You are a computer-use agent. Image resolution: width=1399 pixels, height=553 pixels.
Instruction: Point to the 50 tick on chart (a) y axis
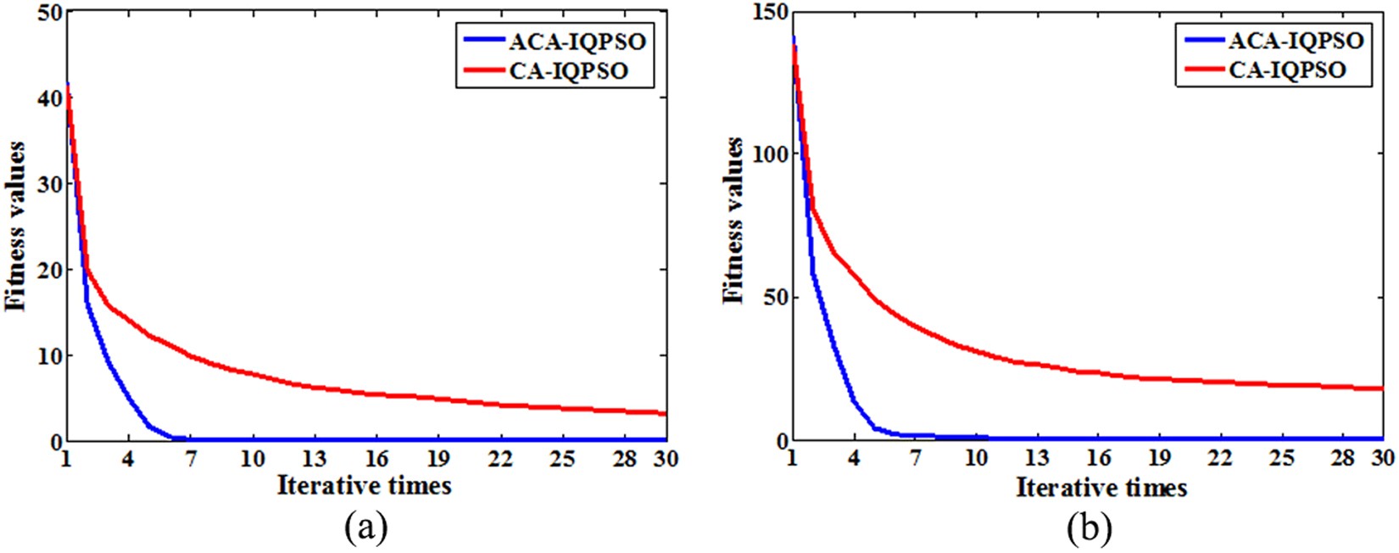50,13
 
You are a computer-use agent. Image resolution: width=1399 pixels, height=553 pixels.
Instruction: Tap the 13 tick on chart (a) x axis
314,459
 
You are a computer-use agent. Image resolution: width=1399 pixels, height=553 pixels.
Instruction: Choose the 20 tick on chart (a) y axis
50,271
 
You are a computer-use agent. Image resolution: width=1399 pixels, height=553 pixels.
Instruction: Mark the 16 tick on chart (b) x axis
1098,459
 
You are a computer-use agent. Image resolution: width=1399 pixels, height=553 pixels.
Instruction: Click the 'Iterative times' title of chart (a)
364,486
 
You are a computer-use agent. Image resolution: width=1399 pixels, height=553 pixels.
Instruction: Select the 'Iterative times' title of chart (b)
1101,488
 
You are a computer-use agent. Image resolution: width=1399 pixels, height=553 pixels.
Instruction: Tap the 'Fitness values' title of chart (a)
16,226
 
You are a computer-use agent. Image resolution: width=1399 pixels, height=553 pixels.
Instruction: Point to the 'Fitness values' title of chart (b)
733,221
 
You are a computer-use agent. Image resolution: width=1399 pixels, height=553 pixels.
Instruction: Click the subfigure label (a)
366,528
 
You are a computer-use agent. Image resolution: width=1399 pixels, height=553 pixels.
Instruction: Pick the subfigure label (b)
1089,528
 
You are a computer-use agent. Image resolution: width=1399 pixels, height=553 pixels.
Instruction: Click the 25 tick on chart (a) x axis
562,459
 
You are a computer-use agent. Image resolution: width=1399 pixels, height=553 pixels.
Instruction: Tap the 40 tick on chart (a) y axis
50,98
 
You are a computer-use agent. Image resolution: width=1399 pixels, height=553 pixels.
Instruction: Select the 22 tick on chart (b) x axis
1220,459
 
